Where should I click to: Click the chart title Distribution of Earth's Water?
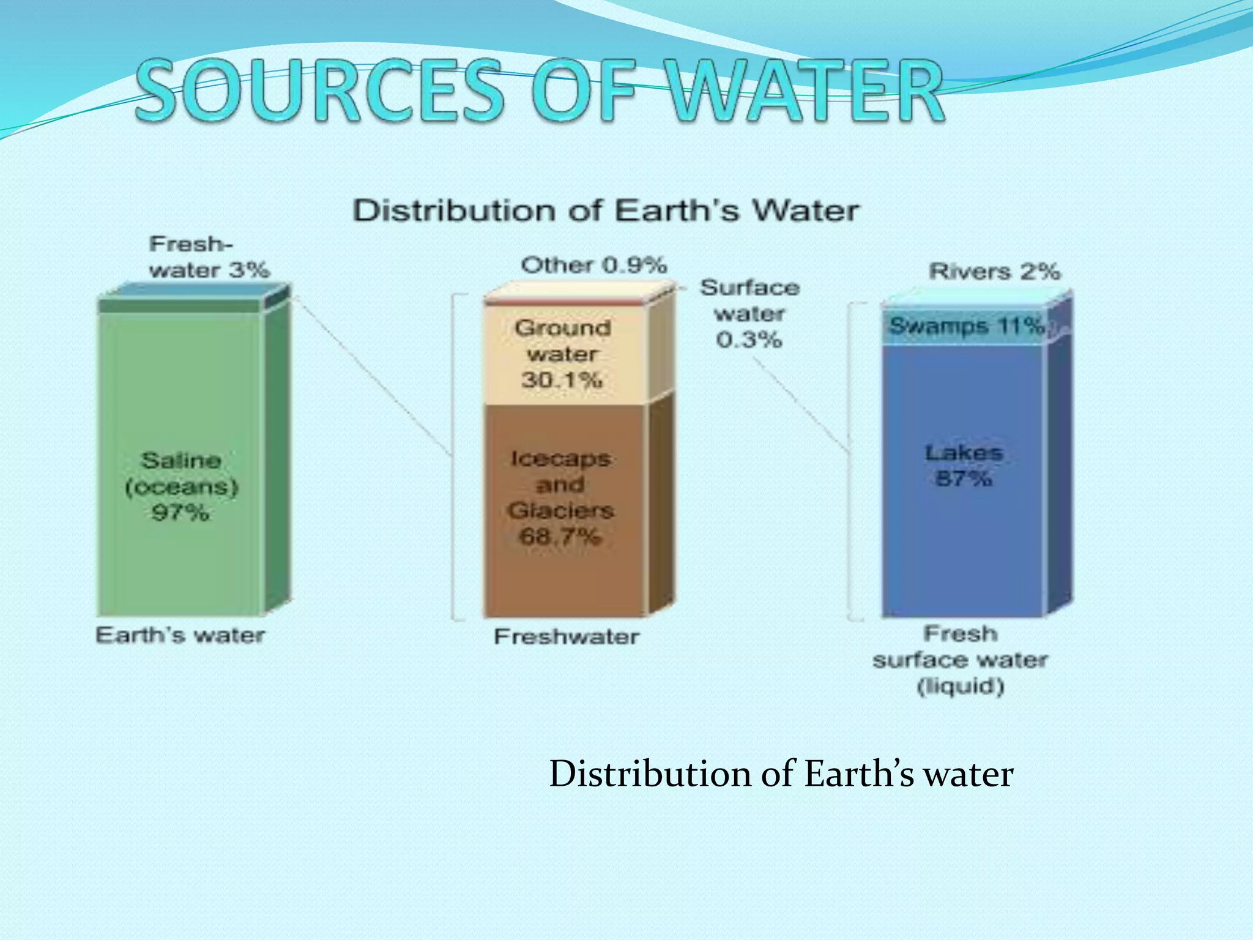tap(606, 211)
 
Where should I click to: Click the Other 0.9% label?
tap(593, 266)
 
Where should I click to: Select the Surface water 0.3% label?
tap(749, 313)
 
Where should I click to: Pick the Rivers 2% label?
tap(994, 271)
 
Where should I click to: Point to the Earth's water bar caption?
tap(180, 635)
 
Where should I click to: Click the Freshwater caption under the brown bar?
tap(566, 637)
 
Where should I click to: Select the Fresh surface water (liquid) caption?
tap(960, 660)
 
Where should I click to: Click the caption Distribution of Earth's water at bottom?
tap(781, 774)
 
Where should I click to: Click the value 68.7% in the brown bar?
tap(559, 537)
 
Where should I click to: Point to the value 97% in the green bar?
tap(180, 512)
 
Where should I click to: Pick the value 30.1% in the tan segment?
tap(562, 380)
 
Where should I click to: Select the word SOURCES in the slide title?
tap(318, 92)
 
